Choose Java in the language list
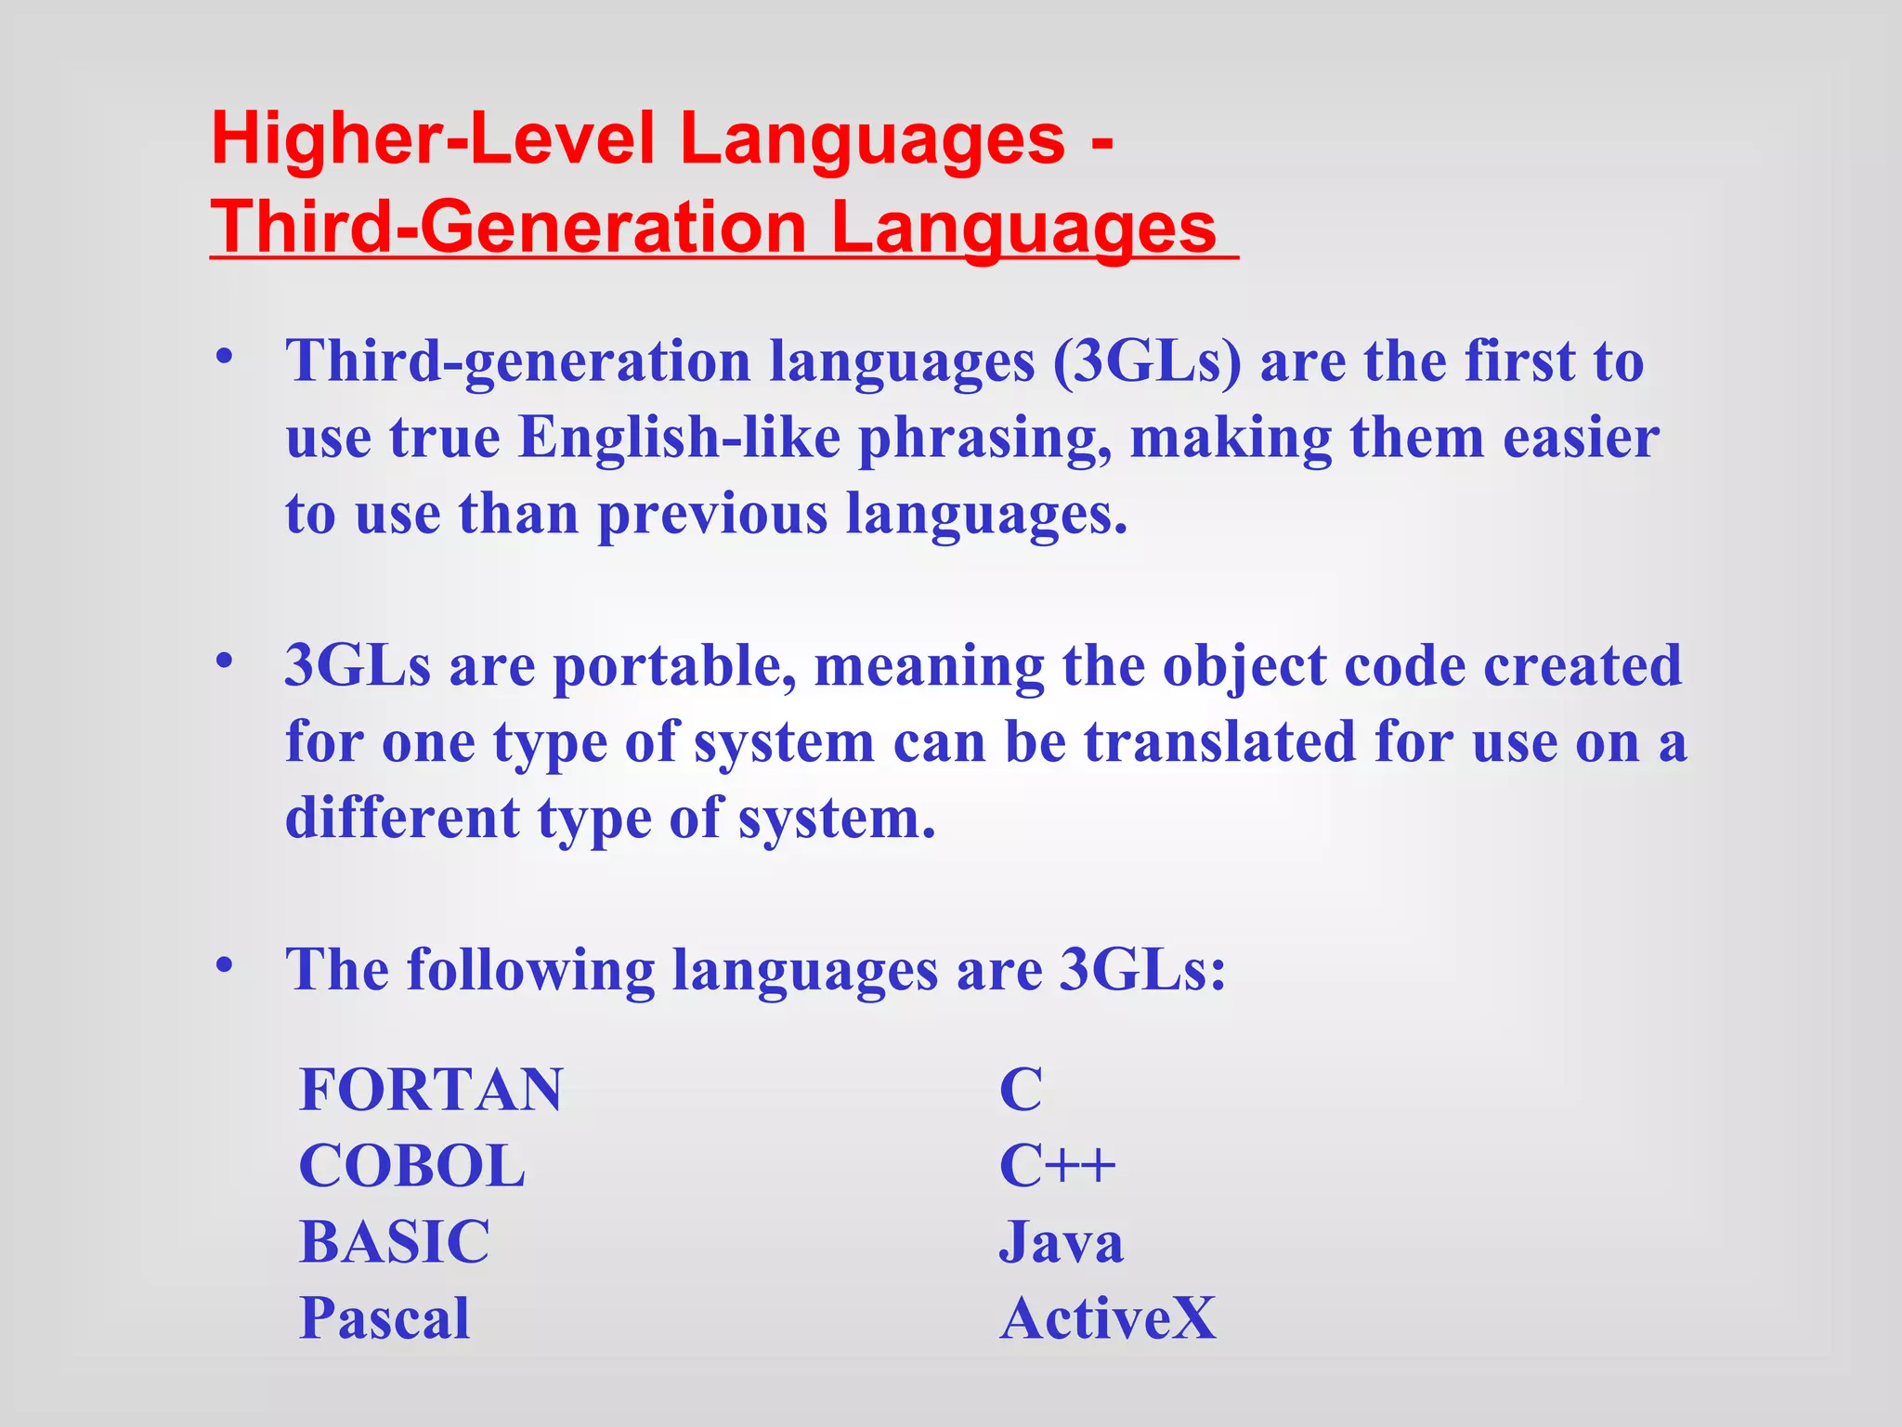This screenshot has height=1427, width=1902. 1061,1242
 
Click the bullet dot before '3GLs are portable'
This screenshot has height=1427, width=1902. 223,661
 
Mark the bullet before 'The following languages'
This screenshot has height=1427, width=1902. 223,965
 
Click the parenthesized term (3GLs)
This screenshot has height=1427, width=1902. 1147,361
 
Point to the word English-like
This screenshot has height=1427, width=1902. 679,438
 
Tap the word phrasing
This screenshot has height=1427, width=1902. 985,439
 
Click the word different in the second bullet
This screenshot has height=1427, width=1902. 402,818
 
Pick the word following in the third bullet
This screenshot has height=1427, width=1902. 530,971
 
